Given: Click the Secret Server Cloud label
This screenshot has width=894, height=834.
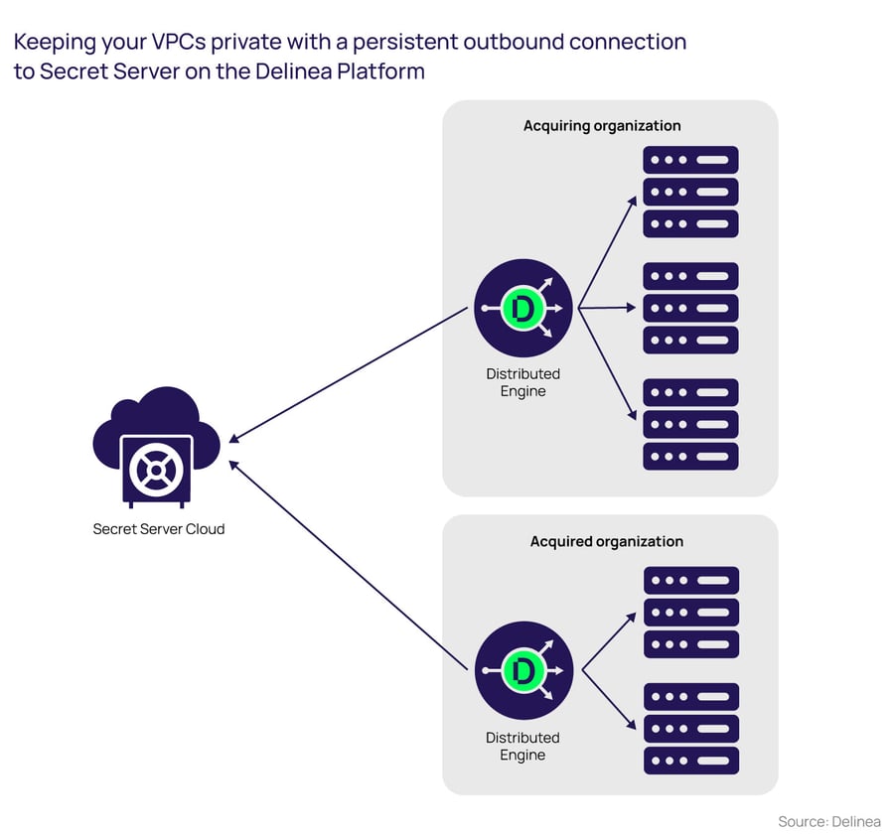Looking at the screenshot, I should pos(159,529).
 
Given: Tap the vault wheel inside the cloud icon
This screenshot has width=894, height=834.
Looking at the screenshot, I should pos(157,467).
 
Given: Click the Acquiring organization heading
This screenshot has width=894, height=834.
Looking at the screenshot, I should pos(602,126).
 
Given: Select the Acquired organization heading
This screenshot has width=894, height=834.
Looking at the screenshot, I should pos(606,541).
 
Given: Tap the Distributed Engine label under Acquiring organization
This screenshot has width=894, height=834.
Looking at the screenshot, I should pos(522,382).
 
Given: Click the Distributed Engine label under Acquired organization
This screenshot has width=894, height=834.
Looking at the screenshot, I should pos(522,746).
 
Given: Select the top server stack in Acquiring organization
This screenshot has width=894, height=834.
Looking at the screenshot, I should pos(690,192).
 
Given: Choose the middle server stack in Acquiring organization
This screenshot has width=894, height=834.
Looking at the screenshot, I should pos(690,308).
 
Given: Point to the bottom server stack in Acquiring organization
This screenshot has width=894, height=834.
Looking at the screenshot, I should pos(690,424).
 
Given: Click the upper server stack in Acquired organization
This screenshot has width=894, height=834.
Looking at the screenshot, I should pos(690,612).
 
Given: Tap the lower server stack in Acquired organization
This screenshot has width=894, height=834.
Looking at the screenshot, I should pos(690,728).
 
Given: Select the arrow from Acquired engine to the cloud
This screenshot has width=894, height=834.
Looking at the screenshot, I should pos(348,564).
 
